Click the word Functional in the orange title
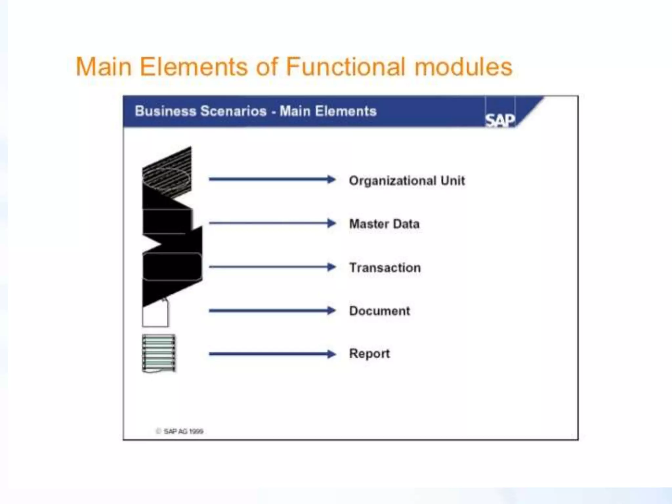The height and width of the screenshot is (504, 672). coord(345,67)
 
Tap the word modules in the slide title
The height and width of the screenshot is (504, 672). coord(463,67)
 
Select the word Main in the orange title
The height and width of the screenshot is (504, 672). coord(104,67)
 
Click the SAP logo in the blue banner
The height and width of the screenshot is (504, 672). coord(500,120)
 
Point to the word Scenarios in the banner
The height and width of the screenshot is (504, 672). coord(233,111)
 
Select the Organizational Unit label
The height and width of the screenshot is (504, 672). coord(407,180)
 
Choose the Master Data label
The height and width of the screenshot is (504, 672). coord(384,224)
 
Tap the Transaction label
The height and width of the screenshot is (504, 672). coord(385,267)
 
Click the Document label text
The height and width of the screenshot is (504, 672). coord(379,311)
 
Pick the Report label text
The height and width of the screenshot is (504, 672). coord(369,353)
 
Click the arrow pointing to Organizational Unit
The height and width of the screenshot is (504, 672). coord(272,179)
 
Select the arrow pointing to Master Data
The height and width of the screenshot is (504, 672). coord(272,223)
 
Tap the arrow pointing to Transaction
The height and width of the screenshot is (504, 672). coord(272,267)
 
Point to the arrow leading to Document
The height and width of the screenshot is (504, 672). coord(272,310)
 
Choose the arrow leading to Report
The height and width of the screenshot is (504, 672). coord(272,354)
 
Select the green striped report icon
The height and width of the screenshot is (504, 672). coord(159,353)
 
